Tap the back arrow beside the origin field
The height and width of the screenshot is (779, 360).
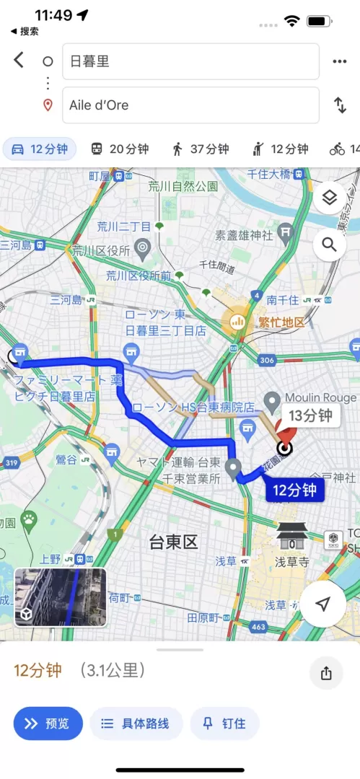pyautogui.click(x=19, y=61)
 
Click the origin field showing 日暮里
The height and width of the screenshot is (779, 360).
pyautogui.click(x=190, y=61)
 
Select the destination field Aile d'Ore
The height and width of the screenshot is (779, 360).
pyautogui.click(x=190, y=105)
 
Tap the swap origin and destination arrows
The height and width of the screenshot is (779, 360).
pyautogui.click(x=340, y=105)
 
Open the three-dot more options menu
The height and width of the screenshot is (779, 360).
pyautogui.click(x=340, y=61)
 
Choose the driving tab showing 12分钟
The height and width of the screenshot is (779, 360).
pyautogui.click(x=40, y=149)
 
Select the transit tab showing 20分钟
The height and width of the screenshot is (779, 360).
pyautogui.click(x=120, y=149)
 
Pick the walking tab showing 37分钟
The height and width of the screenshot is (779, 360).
pyautogui.click(x=200, y=149)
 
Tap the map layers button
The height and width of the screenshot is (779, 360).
pyautogui.click(x=330, y=198)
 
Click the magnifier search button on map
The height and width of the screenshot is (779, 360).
pyautogui.click(x=330, y=245)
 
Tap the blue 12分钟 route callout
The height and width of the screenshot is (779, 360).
pyautogui.click(x=294, y=491)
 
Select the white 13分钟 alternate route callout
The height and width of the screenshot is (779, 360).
pyautogui.click(x=310, y=415)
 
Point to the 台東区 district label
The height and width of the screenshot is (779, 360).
pyautogui.click(x=173, y=542)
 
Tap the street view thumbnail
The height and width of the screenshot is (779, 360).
pyautogui.click(x=61, y=597)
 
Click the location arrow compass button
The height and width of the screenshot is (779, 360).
pyautogui.click(x=322, y=604)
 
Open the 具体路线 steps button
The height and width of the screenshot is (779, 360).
pyautogui.click(x=136, y=723)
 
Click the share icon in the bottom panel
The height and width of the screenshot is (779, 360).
pyautogui.click(x=326, y=673)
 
